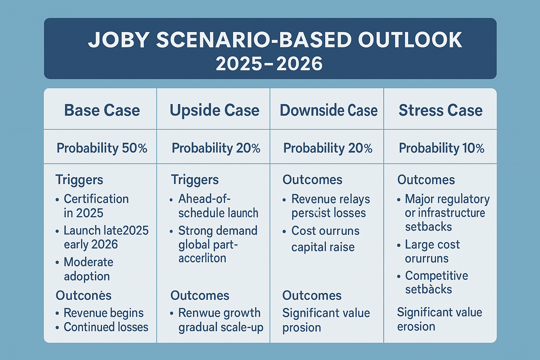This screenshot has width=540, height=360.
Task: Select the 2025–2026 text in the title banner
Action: click(x=269, y=64)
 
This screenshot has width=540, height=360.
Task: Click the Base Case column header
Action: click(x=102, y=110)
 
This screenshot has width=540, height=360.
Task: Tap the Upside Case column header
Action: click(x=214, y=110)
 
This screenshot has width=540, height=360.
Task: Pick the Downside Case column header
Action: click(x=328, y=110)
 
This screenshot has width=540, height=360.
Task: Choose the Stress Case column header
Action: click(x=441, y=110)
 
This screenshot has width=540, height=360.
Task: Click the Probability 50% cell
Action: click(x=102, y=148)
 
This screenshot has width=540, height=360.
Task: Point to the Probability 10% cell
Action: click(x=441, y=148)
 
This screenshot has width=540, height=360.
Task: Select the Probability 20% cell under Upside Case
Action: click(x=216, y=148)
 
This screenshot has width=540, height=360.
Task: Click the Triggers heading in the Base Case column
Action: click(x=79, y=180)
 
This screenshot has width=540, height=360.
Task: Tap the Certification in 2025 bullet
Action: click(x=96, y=206)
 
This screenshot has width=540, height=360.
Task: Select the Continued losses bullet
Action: click(x=105, y=327)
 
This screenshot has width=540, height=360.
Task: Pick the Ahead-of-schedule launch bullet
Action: click(x=218, y=206)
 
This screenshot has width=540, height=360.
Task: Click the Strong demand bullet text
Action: click(x=218, y=231)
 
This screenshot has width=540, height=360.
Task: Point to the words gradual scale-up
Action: click(x=221, y=327)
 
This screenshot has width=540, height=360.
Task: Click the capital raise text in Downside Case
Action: click(x=323, y=247)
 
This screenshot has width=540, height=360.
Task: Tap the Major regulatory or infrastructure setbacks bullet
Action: click(x=446, y=213)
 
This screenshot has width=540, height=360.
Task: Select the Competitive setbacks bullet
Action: click(x=436, y=282)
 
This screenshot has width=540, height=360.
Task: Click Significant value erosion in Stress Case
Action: click(x=439, y=319)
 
